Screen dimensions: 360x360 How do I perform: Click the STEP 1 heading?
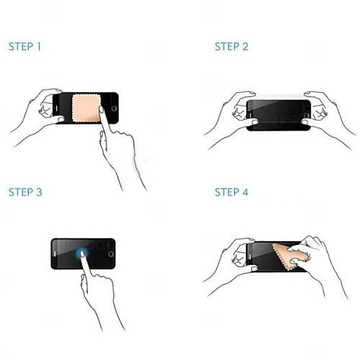pos(24,47)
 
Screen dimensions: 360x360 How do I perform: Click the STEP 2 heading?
pos(231,47)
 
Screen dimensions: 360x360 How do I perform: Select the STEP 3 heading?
pos(25,192)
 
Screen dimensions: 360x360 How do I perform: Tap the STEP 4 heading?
pos(231,192)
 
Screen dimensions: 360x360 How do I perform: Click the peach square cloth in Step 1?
pos(86,108)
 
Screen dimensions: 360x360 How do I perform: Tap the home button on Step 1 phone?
pos(114,108)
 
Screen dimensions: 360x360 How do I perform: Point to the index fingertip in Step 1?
pos(101,109)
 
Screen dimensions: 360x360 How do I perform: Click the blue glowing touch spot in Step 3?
pos(82,254)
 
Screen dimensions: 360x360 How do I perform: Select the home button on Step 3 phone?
pos(111,254)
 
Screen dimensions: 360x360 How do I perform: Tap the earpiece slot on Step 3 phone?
pos(55,254)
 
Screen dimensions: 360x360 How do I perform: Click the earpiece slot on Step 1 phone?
pos(57,108)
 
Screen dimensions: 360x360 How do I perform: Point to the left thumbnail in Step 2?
pos(254,122)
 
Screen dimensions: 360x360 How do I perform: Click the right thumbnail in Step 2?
pos(305,122)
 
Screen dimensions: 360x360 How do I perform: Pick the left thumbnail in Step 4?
pos(254,269)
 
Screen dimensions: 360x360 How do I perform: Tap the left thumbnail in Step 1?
pos(61,119)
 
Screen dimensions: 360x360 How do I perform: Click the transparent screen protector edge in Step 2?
pos(279,96)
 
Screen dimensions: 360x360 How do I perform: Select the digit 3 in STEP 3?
pos(39,192)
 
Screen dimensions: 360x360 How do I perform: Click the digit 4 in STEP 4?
pos(245,192)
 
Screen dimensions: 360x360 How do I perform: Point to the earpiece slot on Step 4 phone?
pos(250,257)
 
